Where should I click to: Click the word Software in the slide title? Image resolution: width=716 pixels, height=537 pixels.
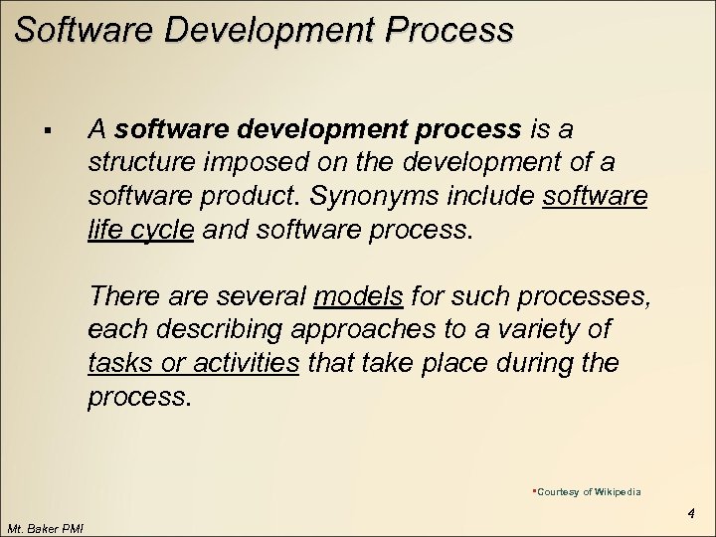coord(84,29)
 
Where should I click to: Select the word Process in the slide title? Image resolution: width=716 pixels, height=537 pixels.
coord(452,29)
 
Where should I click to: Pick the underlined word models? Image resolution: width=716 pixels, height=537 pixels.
coord(358,295)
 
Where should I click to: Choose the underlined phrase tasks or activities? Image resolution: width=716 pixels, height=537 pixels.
coord(194,363)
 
